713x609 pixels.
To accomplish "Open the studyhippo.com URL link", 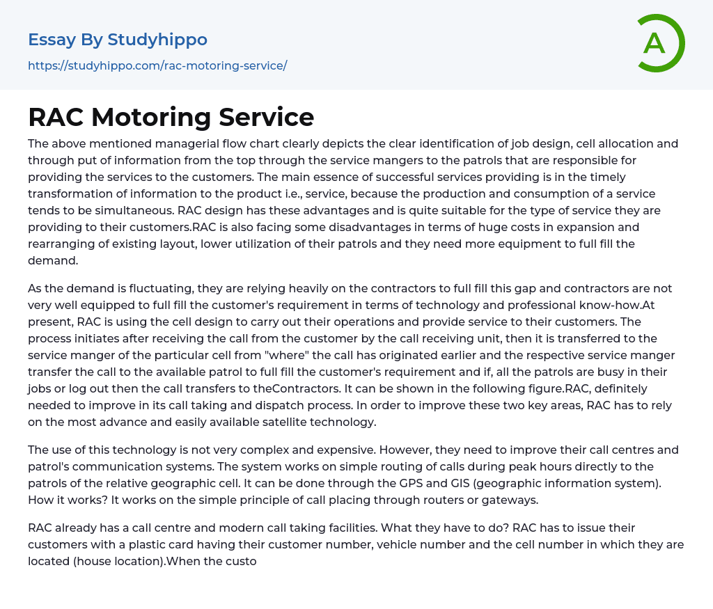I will pyautogui.click(x=157, y=66).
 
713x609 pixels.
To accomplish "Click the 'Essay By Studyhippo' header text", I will pyautogui.click(x=118, y=40).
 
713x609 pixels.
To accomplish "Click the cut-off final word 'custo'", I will pyautogui.click(x=242, y=561).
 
